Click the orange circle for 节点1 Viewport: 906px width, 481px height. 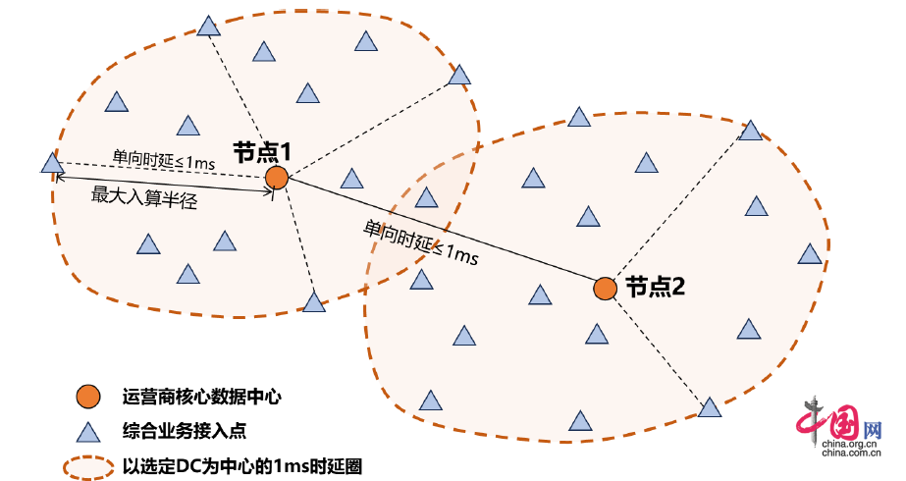(277, 178)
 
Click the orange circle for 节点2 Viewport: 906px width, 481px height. (606, 289)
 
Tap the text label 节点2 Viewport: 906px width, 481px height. (655, 287)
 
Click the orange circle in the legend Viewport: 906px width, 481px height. (88, 397)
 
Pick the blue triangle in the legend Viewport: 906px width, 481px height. (88, 431)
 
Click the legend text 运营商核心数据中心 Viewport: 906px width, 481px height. (202, 397)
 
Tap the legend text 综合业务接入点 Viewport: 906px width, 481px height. (190, 431)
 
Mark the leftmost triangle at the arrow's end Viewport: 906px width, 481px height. (52, 163)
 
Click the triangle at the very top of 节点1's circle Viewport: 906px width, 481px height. (208, 27)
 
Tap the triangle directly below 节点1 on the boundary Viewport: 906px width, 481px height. (314, 302)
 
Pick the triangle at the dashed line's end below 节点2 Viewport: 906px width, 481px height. (709, 406)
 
